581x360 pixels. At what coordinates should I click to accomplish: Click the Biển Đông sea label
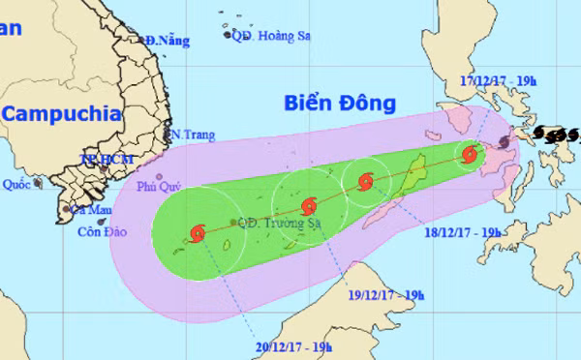pyautogui.click(x=341, y=103)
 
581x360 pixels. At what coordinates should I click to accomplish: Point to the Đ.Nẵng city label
pyautogui.click(x=167, y=41)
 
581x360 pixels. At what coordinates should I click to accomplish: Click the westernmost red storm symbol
pyautogui.click(x=199, y=232)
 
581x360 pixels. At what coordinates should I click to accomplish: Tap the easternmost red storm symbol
pyautogui.click(x=470, y=154)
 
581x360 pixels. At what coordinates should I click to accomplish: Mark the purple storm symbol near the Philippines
pyautogui.click(x=505, y=143)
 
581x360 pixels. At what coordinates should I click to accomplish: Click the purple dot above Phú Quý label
pyautogui.click(x=159, y=177)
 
